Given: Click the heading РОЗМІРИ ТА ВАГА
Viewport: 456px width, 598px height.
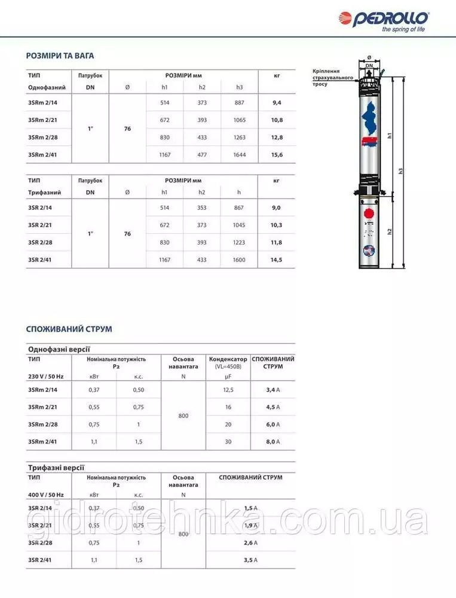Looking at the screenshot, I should point(60,56).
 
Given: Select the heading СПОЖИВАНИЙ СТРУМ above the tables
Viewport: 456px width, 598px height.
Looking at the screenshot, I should point(69,329).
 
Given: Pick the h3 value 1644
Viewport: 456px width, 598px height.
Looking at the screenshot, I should point(240,155).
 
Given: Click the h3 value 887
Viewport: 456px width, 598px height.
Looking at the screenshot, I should point(240,103).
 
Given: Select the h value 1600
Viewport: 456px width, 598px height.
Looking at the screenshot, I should point(240,260).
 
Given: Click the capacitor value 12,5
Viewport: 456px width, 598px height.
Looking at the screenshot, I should point(228,389).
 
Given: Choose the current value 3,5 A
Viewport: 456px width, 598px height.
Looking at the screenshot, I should point(250,560).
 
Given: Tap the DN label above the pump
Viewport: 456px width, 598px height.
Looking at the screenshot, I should point(369,65).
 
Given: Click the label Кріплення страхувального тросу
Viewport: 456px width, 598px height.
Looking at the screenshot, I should point(333,78).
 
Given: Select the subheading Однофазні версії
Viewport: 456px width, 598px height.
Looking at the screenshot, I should point(59,349).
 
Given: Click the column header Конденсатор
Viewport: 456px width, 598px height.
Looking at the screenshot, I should point(228,359).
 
